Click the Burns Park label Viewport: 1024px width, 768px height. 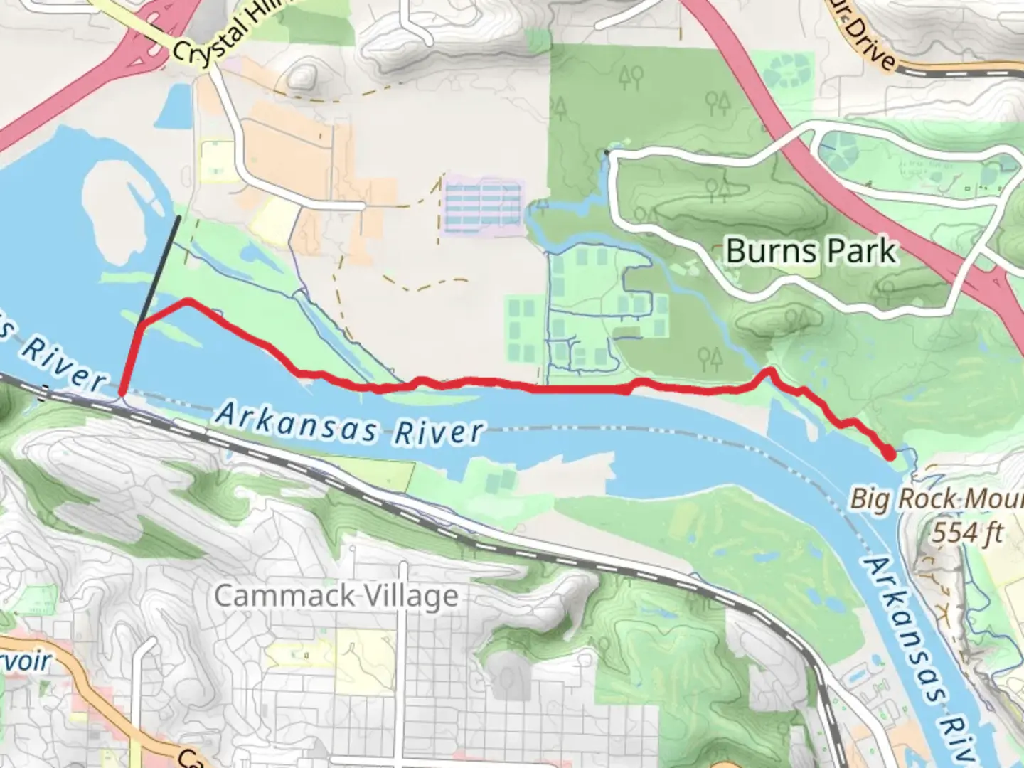pos(811,251)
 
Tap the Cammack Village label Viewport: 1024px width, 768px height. pos(336,596)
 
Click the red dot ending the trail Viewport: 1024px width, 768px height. pos(888,452)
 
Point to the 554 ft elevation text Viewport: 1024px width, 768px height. pos(967,531)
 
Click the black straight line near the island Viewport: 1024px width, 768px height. pos(161,270)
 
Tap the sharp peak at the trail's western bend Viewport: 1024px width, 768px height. pos(188,301)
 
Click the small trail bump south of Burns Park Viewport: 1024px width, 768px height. pos(768,370)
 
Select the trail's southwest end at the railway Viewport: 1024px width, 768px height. pos(122,391)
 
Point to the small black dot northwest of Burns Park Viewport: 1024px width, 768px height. pos(607,152)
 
